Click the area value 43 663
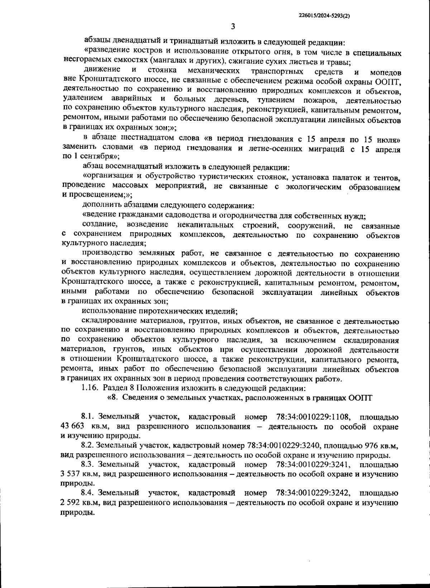pyautogui.click(x=73, y=426)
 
